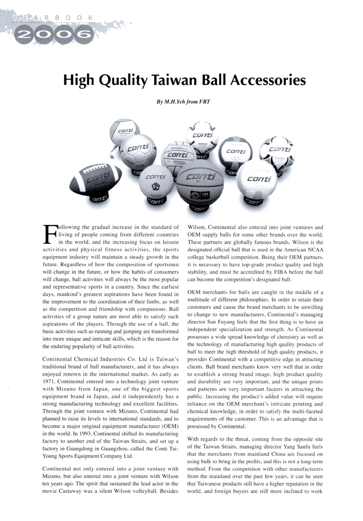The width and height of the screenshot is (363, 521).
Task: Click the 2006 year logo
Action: point(50,34)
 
